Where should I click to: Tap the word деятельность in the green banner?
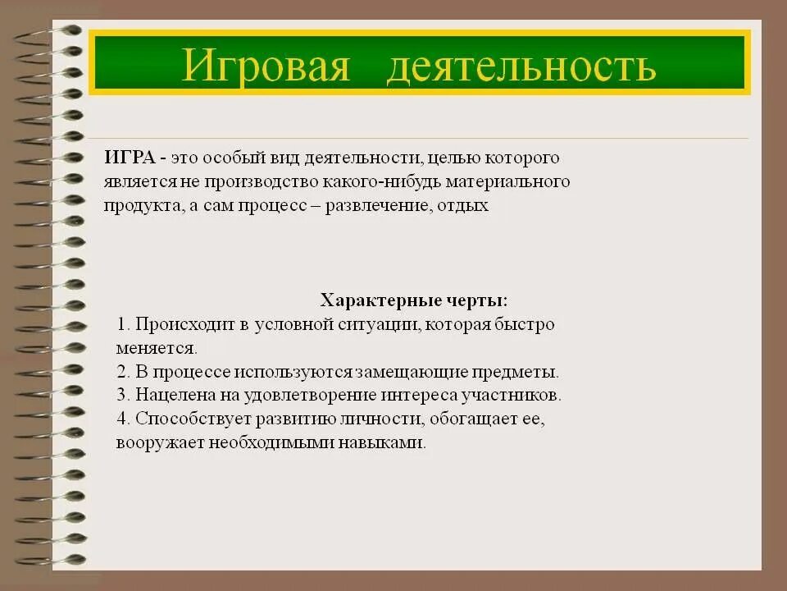pyautogui.click(x=521, y=65)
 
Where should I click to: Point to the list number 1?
pyautogui.click(x=122, y=324)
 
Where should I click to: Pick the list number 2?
pyautogui.click(x=122, y=371)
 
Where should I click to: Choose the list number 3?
pyautogui.click(x=122, y=395)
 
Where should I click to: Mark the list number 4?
pyautogui.click(x=123, y=419)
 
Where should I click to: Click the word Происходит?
pyautogui.click(x=185, y=324)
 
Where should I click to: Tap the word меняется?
pyautogui.click(x=156, y=348)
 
